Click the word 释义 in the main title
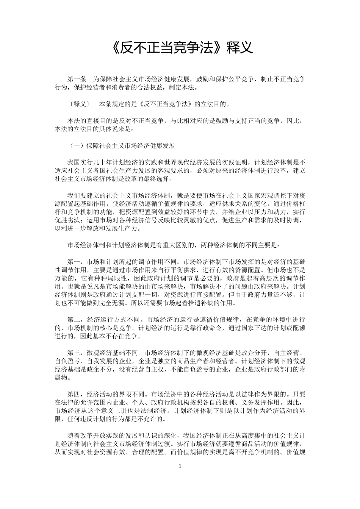[239, 48]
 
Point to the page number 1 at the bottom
[180, 466]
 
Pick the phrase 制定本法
[181, 88]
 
